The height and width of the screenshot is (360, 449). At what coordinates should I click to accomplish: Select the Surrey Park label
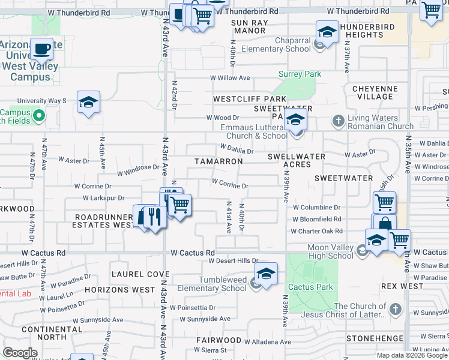pos(300,74)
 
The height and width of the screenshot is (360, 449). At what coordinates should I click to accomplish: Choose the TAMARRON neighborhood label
pos(218,161)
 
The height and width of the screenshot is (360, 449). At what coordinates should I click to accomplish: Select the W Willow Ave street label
pos(229,78)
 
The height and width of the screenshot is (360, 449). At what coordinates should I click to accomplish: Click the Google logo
pos(20,352)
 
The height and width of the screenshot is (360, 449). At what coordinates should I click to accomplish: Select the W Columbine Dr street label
pos(316,208)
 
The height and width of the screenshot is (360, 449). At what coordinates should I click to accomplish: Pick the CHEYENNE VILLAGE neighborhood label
pos(374,92)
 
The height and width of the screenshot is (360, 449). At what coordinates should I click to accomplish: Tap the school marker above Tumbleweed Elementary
pos(266,274)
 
